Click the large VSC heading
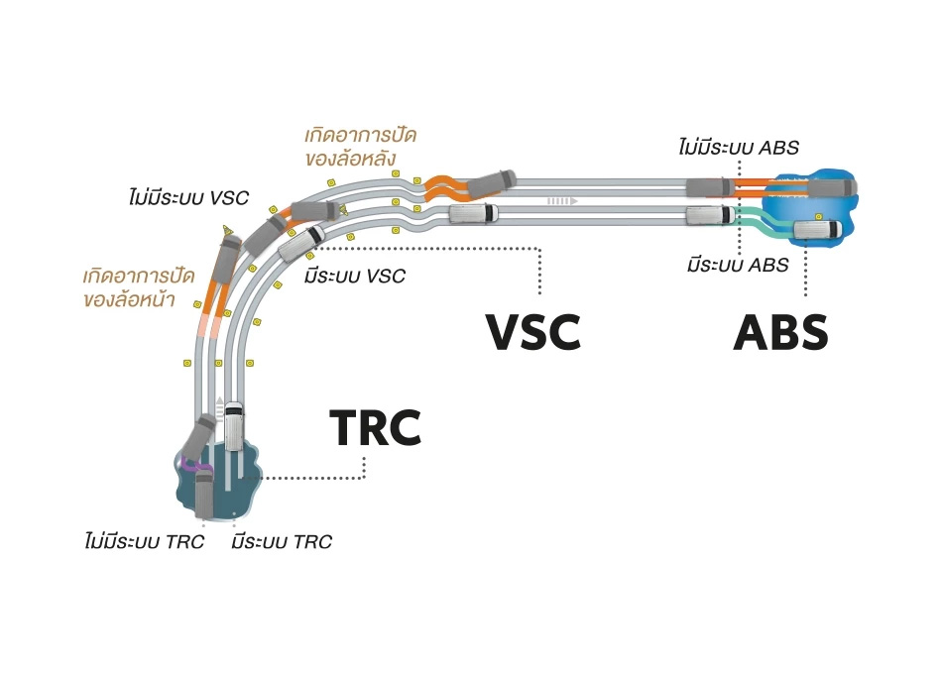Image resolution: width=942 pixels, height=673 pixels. point(532,332)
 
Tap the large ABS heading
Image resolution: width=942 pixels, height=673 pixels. point(780,332)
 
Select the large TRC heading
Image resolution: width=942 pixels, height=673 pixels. point(376,428)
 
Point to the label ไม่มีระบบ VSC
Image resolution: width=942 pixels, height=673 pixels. point(187,196)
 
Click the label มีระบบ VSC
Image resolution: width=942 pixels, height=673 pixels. point(355,276)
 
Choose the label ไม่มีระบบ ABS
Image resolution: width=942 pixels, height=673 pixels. point(739,148)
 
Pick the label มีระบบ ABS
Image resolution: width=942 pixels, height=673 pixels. point(739,265)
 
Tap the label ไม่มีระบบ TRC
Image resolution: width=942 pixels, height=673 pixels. point(145,541)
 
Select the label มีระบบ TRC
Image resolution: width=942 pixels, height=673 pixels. point(281,541)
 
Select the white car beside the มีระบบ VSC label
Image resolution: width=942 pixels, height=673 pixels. point(302,242)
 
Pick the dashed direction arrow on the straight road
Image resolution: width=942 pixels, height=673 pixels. point(562,200)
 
